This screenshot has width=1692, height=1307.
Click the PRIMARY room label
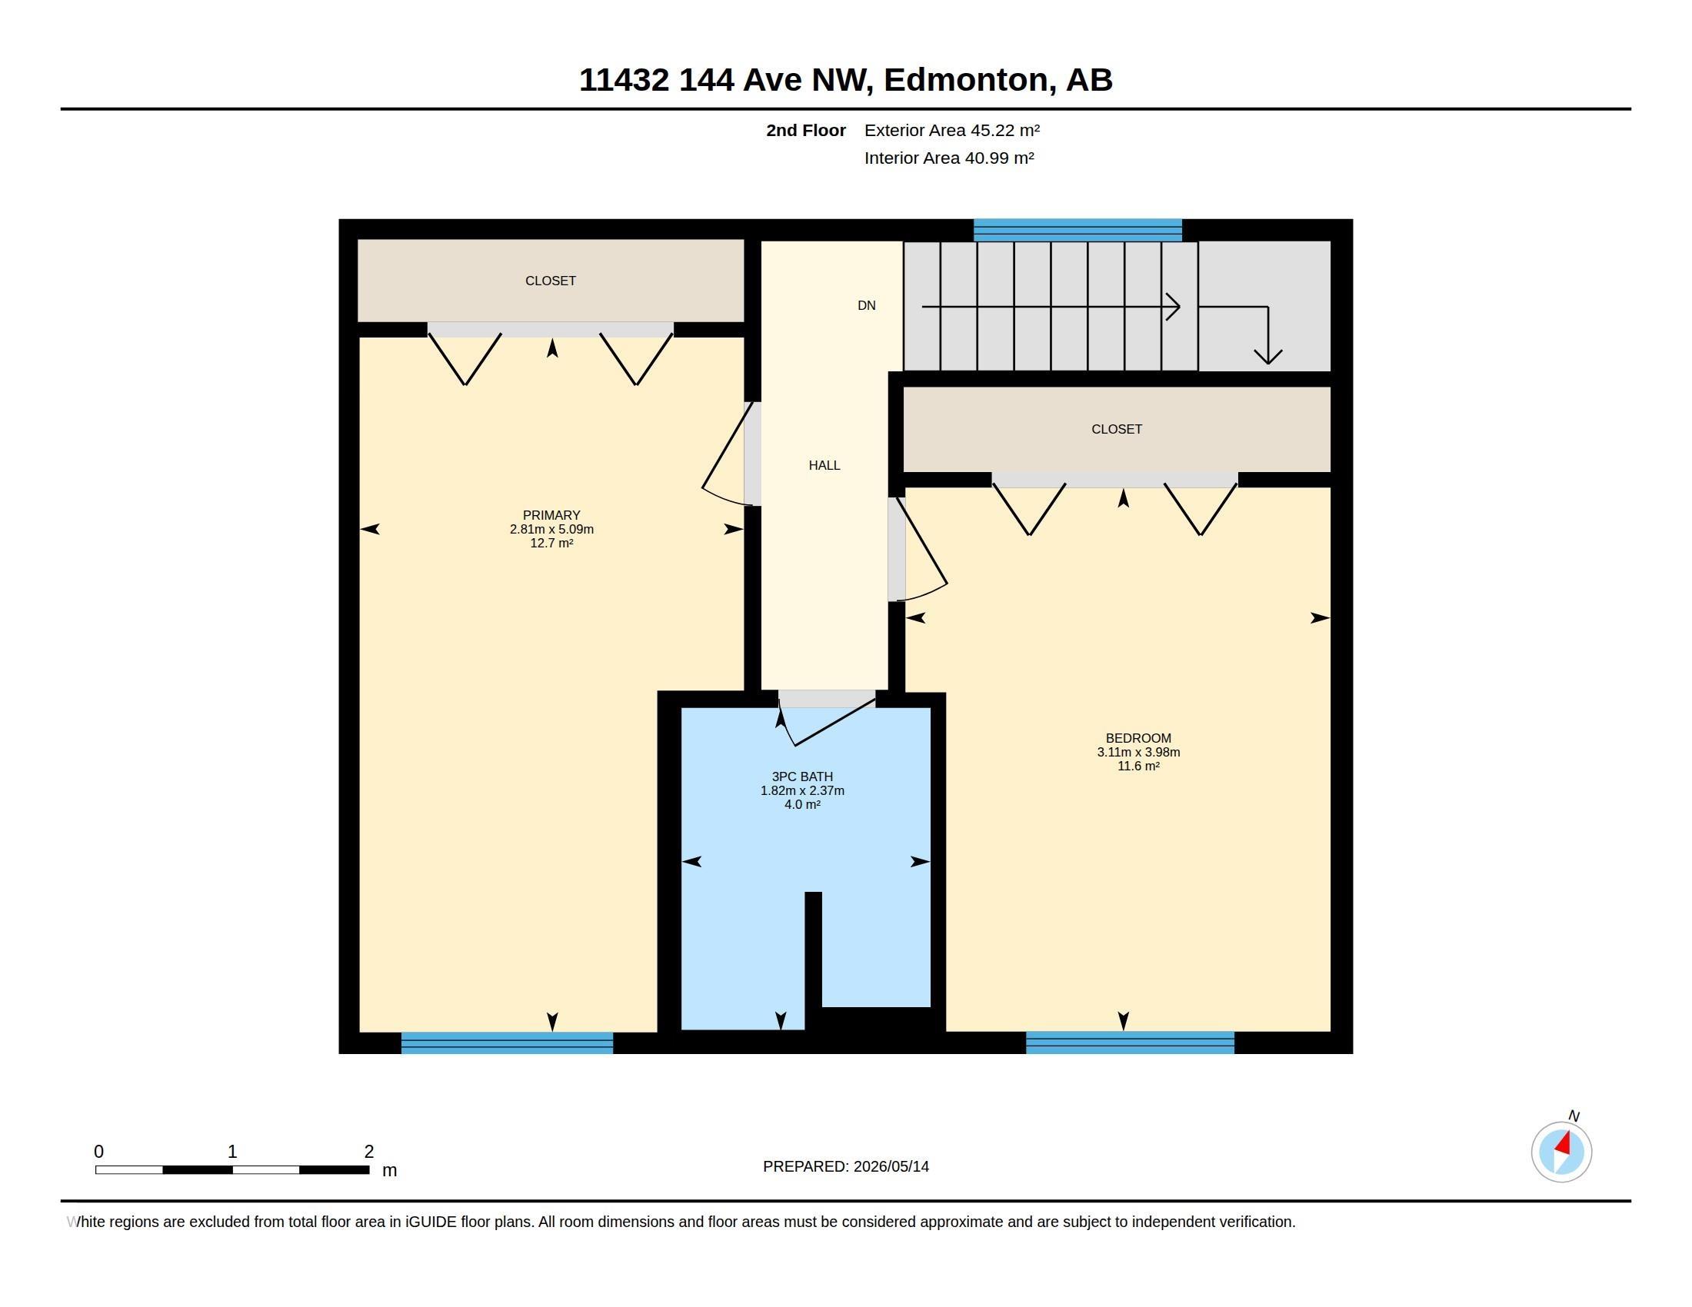pos(551,515)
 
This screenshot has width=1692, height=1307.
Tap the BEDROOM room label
pos(1138,738)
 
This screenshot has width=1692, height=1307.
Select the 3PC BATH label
pos(802,777)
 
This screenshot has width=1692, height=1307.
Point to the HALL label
pos(824,465)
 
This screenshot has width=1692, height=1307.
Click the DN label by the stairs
pos(866,306)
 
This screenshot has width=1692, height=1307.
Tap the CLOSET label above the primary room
pos(550,281)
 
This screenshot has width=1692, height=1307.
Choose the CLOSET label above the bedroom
pos(1117,429)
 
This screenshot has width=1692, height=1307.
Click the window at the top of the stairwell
pos(1077,230)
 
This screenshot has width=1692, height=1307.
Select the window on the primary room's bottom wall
pos(507,1043)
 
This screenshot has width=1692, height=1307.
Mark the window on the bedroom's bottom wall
pos(1130,1043)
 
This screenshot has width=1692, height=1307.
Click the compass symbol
pos(1561,1152)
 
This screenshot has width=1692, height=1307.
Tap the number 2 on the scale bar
pos(368,1152)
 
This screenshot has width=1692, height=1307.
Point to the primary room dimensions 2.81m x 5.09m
pos(551,530)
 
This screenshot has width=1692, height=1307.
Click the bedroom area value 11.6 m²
pos(1138,767)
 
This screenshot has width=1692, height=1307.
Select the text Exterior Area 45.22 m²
pos(952,130)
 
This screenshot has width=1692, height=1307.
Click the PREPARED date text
pos(846,1166)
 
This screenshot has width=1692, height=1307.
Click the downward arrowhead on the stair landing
pos(1268,357)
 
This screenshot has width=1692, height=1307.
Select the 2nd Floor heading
pos(806,130)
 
